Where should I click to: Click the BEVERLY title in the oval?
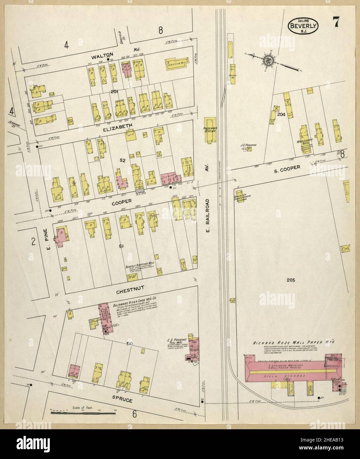pyautogui.click(x=303, y=25)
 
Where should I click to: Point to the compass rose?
pyautogui.click(x=267, y=60)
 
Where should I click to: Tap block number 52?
pyautogui.click(x=122, y=160)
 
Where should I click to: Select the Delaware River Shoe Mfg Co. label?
pyautogui.click(x=136, y=298)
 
